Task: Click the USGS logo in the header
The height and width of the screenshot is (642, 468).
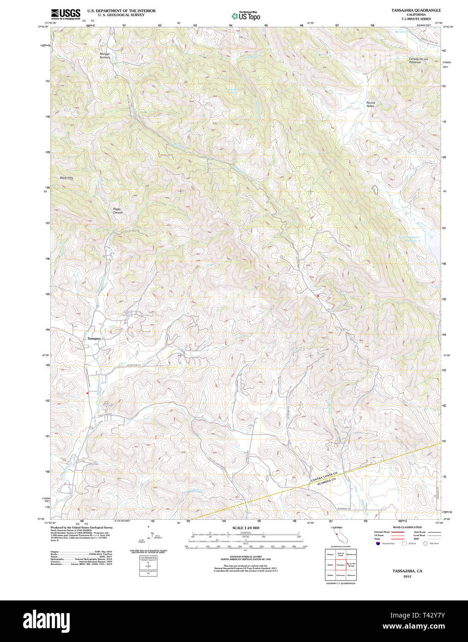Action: tap(66, 14)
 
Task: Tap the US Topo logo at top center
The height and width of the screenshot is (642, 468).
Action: tap(246, 16)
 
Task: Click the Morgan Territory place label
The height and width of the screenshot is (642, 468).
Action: tap(105, 55)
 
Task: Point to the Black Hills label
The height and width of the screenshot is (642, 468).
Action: tap(66, 178)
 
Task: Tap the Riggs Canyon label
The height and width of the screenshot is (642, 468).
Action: tap(118, 211)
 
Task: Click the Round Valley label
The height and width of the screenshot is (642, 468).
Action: tap(371, 104)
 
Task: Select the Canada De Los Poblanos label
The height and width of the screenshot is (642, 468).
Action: tap(418, 61)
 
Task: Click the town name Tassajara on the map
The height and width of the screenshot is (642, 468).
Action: tap(94, 339)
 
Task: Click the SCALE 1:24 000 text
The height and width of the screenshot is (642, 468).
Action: tap(246, 528)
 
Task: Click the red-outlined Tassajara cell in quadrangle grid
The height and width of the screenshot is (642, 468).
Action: tap(341, 564)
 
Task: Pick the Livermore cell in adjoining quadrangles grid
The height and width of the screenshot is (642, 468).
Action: tap(341, 575)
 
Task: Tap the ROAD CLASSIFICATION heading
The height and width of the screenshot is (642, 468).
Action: tap(407, 527)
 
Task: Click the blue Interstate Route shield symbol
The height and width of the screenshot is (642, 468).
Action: tap(378, 544)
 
